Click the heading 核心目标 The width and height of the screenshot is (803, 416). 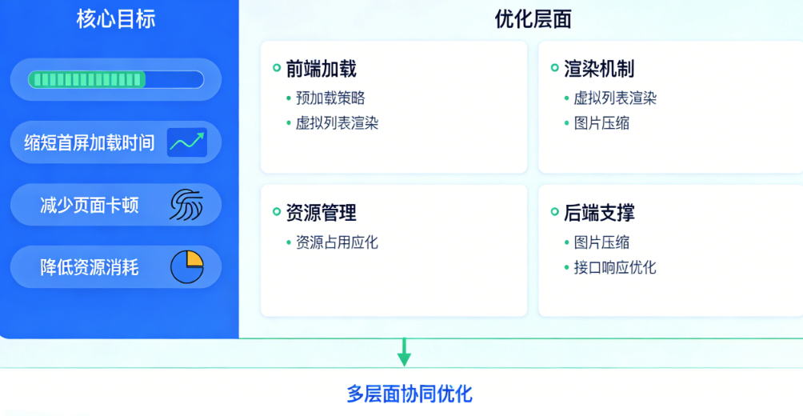pyautogui.click(x=116, y=19)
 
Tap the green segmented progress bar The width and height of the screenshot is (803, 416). pyautogui.click(x=115, y=79)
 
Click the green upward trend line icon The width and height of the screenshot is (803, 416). pyautogui.click(x=187, y=142)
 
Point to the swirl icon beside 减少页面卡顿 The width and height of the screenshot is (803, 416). pyautogui.click(x=186, y=205)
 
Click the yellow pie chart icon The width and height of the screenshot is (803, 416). pyautogui.click(x=187, y=267)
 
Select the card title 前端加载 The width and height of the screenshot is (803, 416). pyautogui.click(x=321, y=69)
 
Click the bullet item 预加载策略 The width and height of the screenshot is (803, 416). pyautogui.click(x=330, y=98)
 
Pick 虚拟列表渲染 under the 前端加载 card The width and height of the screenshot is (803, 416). pyautogui.click(x=337, y=123)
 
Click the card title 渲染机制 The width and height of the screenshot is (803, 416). pyautogui.click(x=599, y=69)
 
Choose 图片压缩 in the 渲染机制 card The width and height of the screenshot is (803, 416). pyautogui.click(x=601, y=123)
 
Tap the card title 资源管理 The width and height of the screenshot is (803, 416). pyautogui.click(x=321, y=213)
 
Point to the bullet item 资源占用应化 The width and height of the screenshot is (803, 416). pyautogui.click(x=337, y=242)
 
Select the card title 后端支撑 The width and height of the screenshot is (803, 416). pyautogui.click(x=599, y=213)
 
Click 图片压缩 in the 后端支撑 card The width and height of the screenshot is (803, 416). pyautogui.click(x=601, y=242)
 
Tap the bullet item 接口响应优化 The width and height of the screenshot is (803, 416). pyautogui.click(x=614, y=267)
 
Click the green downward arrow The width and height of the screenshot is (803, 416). pyautogui.click(x=405, y=353)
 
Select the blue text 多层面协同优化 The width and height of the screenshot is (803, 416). pyautogui.click(x=409, y=394)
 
